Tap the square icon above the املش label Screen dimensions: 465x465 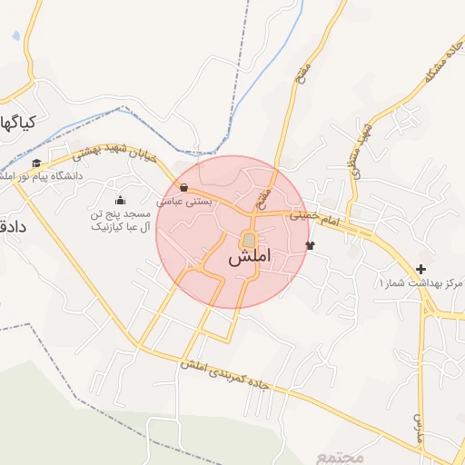click(248, 240)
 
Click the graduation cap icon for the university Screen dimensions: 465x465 click(36, 163)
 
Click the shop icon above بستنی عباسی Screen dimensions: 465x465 click(184, 189)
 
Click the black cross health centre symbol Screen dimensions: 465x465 click(420, 270)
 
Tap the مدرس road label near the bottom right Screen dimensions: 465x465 click(420, 427)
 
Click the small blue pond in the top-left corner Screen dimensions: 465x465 click(16, 36)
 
